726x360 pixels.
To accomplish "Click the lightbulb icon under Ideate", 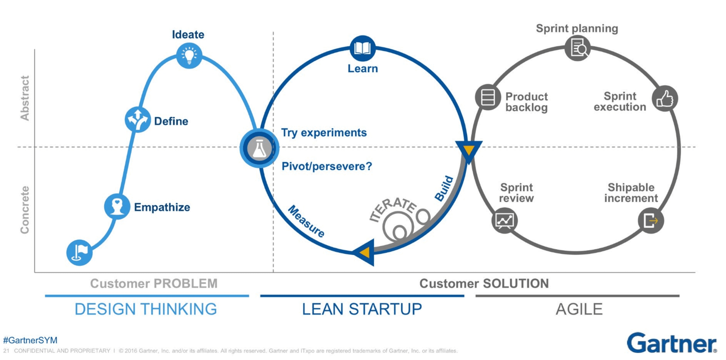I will (x=189, y=55).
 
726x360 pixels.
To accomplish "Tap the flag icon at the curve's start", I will (x=79, y=252).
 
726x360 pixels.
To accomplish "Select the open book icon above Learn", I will (x=362, y=48).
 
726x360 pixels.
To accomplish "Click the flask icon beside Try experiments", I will (x=259, y=148).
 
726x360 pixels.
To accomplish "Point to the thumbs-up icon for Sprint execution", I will (x=664, y=98).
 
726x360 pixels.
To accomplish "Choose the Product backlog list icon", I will (x=488, y=97).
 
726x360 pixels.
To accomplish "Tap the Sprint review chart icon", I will (x=504, y=221).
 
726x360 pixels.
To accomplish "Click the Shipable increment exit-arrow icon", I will (x=651, y=221).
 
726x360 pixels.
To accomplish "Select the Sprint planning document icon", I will (x=577, y=48).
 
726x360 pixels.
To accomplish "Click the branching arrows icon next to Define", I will (x=138, y=119).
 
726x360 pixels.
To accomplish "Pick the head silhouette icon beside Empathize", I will (x=117, y=206).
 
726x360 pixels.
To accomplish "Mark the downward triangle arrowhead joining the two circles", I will (x=468, y=150).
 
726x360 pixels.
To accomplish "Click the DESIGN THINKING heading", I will (x=146, y=309).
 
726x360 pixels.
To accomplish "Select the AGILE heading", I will (x=579, y=309).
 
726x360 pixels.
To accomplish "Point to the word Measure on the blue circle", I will (x=306, y=221).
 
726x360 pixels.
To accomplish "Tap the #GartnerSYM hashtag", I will (x=30, y=340).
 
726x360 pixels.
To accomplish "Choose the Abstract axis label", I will (x=25, y=98).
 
